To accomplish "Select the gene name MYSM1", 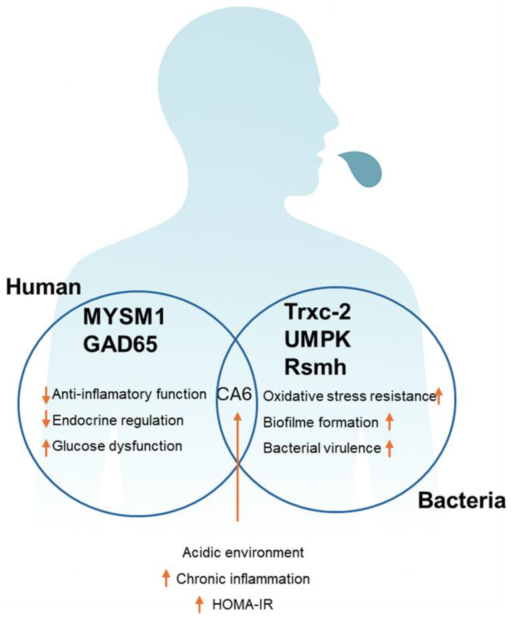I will coord(124,317).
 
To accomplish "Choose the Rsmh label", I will coord(315,367).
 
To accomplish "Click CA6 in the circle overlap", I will coord(234,394).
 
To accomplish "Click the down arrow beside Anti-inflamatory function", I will coord(46,395).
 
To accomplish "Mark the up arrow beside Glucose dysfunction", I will coord(46,447).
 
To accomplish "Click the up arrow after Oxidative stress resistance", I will coord(439,396).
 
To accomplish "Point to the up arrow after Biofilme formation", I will coord(389,422).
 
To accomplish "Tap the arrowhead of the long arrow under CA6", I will coord(238,417).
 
